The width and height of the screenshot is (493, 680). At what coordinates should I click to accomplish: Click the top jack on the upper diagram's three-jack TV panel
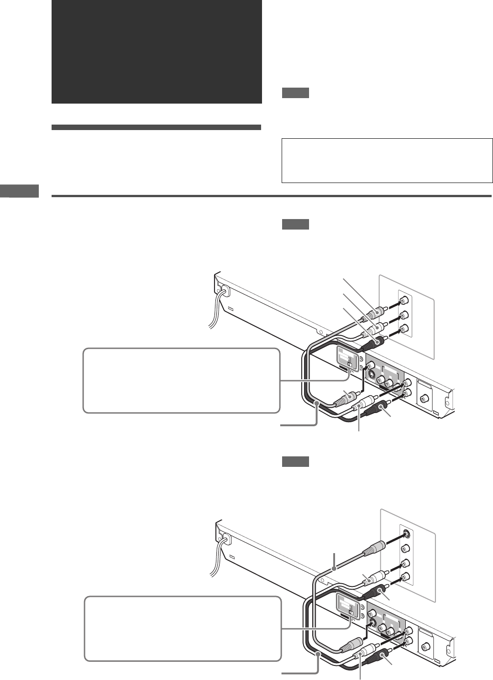(403, 301)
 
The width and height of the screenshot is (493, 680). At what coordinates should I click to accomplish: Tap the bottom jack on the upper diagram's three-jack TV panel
(403, 329)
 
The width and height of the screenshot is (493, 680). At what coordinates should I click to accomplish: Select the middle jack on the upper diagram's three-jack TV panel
(403, 315)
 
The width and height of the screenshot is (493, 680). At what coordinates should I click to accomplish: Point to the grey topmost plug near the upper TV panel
(377, 314)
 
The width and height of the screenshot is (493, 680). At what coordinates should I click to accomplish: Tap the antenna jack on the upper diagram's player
(424, 398)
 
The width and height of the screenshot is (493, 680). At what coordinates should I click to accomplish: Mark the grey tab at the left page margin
(20, 191)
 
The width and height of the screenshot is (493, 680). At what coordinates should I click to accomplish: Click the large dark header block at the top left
(157, 52)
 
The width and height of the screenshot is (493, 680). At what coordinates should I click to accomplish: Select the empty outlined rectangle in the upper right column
(387, 161)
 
